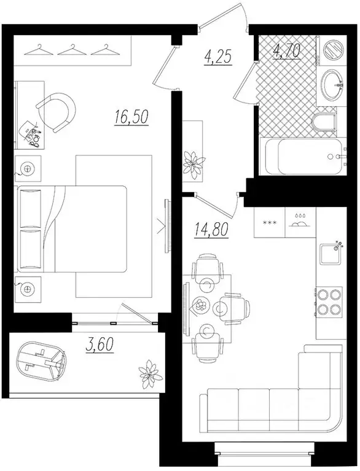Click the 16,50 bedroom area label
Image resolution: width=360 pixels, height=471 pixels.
click(131, 116)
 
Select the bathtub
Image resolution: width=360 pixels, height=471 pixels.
click(301, 157)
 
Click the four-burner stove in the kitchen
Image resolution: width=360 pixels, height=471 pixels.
click(330, 302)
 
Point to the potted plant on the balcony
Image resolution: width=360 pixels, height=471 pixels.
click(150, 370)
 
